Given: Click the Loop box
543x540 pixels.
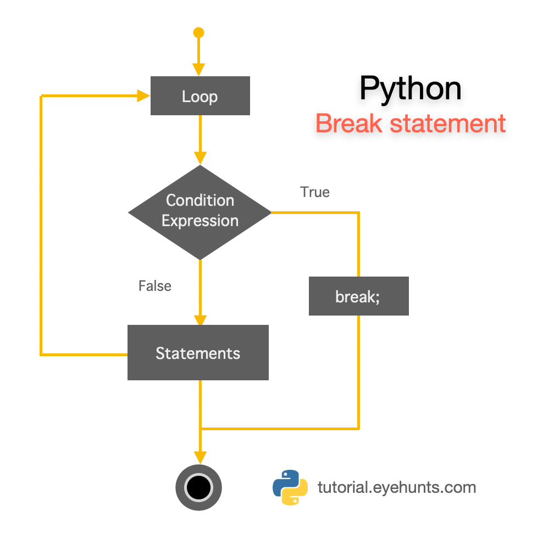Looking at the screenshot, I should tap(200, 96).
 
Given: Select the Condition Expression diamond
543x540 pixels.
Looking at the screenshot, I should tap(200, 212).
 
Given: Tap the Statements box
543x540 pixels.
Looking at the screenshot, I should tap(198, 352).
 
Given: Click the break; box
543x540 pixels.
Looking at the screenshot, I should tap(358, 296).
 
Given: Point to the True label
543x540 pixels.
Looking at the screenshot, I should tap(315, 192).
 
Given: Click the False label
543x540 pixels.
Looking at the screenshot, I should tap(155, 286).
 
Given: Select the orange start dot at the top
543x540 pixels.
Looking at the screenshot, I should tap(199, 33).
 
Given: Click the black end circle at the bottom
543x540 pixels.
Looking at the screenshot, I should tap(198, 486).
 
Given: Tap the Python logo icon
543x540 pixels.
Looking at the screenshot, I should tap(290, 487).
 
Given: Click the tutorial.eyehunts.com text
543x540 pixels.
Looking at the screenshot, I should tap(397, 487).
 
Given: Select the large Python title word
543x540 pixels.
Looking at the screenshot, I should tap(411, 88).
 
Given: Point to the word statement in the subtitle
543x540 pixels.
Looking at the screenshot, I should tap(447, 123).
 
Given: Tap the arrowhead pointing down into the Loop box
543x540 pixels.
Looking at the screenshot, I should tap(199, 69).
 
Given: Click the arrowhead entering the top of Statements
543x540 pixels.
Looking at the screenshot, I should tap(200, 320).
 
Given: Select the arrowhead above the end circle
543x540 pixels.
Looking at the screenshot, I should tap(200, 457).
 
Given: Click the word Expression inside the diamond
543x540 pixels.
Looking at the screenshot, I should tap(200, 221).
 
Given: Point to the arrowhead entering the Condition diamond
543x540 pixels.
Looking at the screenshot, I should tap(200, 158).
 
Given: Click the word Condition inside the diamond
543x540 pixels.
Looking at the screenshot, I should tap(200, 200).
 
